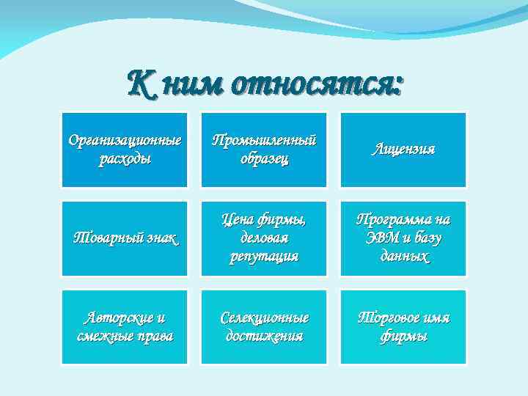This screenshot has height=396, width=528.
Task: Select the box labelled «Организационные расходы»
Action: click(x=125, y=150)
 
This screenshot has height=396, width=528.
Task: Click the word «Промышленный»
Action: click(x=264, y=140)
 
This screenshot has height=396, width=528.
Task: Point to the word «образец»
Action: click(x=264, y=159)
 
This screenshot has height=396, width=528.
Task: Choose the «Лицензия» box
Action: click(x=403, y=150)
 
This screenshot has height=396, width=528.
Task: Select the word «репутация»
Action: click(x=264, y=257)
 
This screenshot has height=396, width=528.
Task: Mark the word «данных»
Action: click(x=404, y=257)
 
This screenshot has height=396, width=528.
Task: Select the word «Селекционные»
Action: click(x=264, y=318)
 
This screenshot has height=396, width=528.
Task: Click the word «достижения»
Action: click(x=264, y=337)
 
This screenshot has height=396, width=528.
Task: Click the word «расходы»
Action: click(x=125, y=159)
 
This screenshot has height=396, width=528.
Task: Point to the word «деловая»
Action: click(x=264, y=238)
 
